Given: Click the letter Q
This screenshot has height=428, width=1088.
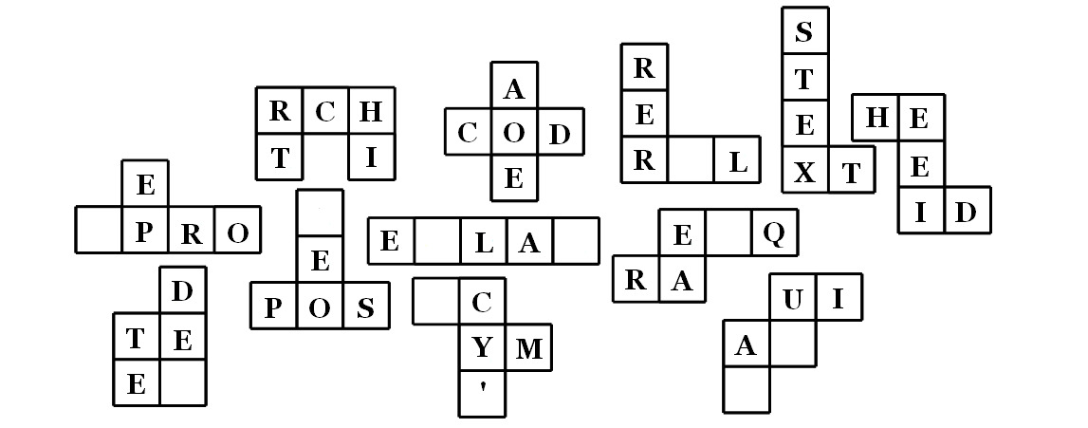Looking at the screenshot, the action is point(774,233).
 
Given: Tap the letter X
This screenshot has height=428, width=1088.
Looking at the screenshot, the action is point(804,172).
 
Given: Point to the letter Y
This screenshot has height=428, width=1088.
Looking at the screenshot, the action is point(482,349).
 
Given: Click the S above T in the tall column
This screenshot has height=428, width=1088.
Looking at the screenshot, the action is point(804,31).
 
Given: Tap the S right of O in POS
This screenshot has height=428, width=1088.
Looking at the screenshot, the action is point(366,307).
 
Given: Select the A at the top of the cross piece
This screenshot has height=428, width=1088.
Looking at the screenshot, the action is point(513,88).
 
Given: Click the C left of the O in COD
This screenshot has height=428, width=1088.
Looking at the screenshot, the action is point(468,133).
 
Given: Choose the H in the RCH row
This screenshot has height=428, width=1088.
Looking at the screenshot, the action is point(372,111).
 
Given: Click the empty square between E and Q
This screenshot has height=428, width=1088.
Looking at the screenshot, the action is point(728,233).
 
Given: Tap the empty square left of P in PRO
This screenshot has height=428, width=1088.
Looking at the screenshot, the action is point(99,231).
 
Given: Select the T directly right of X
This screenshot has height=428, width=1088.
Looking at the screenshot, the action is point(851,172).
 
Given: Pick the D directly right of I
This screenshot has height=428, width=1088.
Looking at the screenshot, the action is point(966,211).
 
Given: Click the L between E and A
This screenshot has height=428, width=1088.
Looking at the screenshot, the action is point(484,242).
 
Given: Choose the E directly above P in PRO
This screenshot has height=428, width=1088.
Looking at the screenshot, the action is point(145,185).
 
